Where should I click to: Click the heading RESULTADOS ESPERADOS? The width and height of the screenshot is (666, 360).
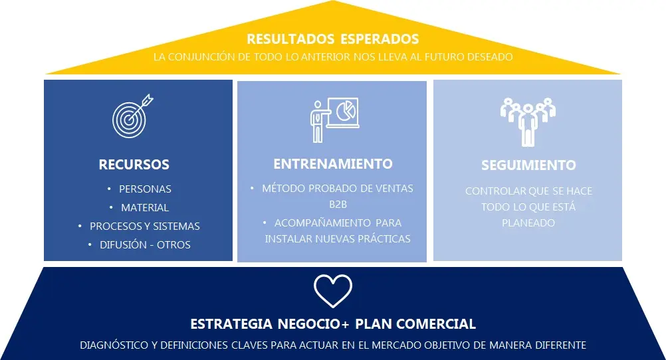333,39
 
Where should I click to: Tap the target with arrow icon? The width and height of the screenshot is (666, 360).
132,116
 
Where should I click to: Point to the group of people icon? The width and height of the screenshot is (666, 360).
528,122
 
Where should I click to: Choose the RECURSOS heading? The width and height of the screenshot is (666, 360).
134,164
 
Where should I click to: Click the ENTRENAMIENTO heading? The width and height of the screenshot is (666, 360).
333,164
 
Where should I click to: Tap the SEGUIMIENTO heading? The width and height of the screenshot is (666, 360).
528,165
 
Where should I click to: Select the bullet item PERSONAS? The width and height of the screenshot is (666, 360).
145,189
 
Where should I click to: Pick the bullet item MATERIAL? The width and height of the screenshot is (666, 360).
145,208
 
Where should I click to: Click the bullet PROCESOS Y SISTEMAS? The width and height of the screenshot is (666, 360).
144,226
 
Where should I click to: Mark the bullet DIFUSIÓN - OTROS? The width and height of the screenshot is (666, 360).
145,245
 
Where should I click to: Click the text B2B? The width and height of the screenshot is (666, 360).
338,204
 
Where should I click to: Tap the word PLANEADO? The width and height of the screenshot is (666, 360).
528,223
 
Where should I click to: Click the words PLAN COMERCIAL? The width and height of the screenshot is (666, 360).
415,324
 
